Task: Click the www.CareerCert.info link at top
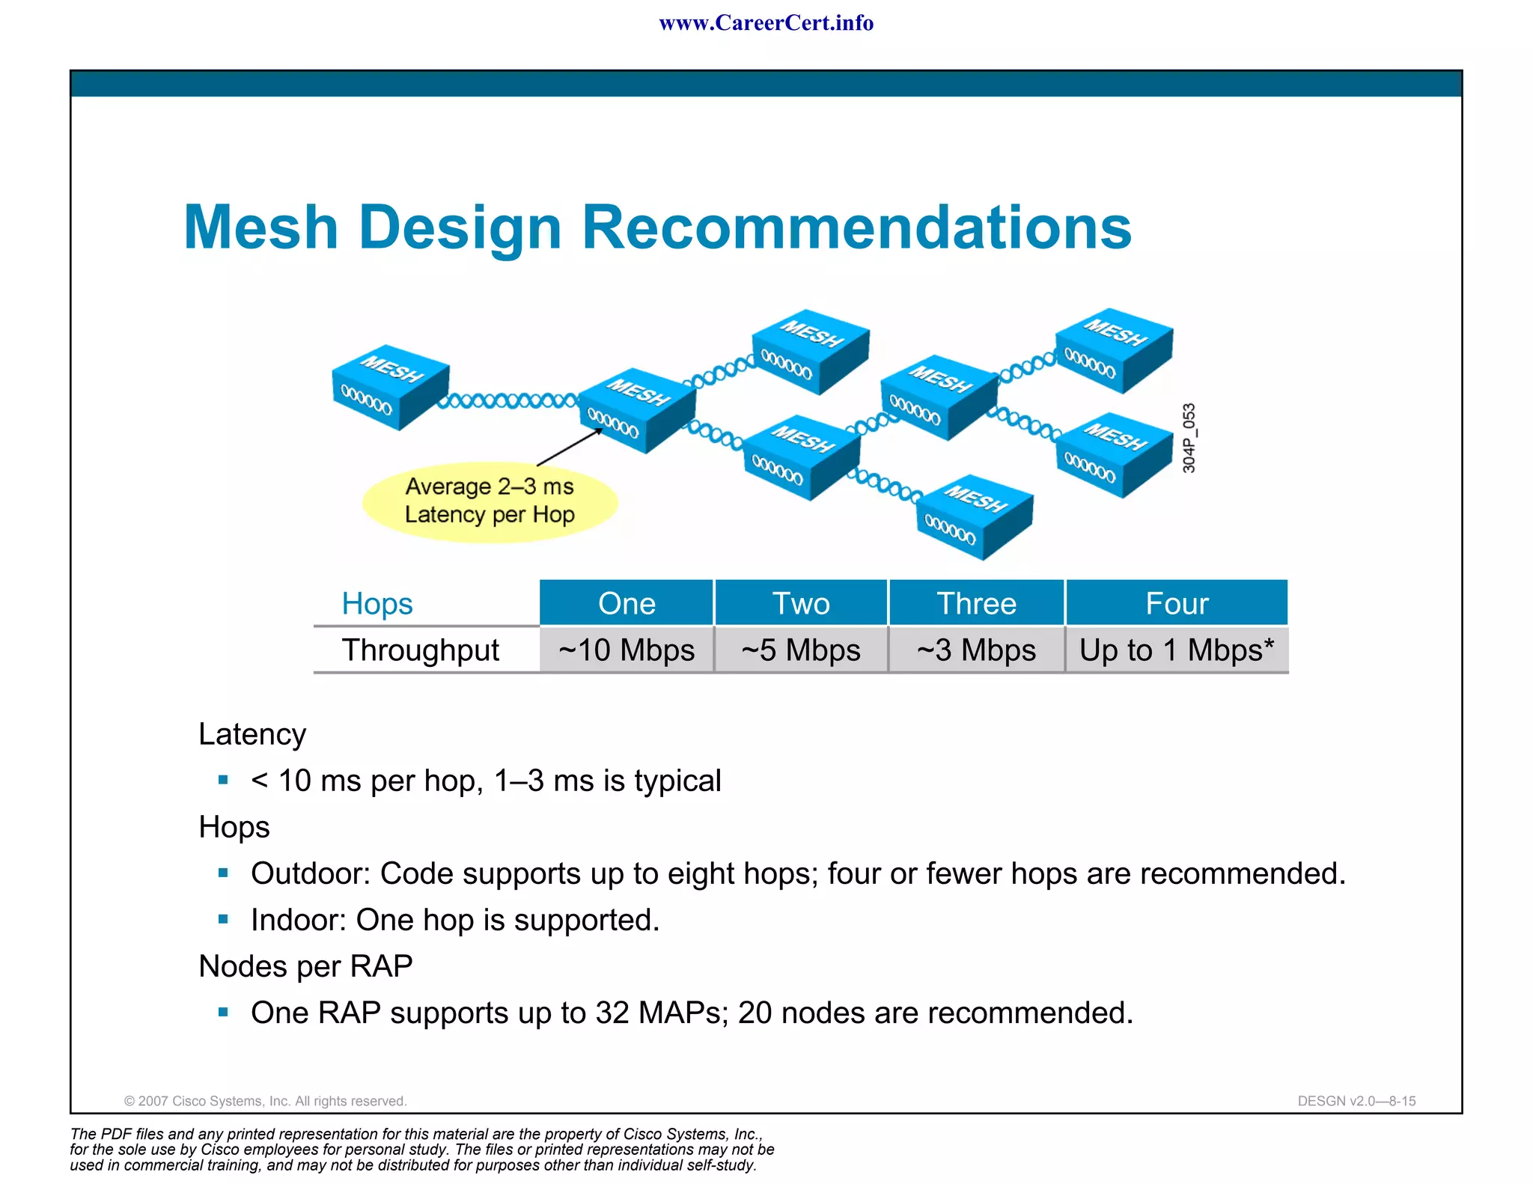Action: click(766, 23)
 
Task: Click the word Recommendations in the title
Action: click(856, 228)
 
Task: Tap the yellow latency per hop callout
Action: click(490, 501)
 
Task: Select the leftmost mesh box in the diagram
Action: click(389, 388)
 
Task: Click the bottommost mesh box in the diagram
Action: click(974, 517)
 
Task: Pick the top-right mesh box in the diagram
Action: click(1113, 350)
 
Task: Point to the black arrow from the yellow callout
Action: click(569, 447)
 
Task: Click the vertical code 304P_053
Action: click(1189, 438)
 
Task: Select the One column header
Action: click(627, 603)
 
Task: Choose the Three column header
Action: click(976, 603)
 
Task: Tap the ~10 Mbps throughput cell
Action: click(627, 650)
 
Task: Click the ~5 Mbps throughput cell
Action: click(801, 650)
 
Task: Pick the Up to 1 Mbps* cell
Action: click(1176, 650)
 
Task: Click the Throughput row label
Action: click(420, 650)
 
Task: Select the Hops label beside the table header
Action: click(377, 603)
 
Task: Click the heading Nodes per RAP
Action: click(305, 966)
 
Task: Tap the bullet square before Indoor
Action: click(223, 919)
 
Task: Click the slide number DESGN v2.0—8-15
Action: click(1356, 1101)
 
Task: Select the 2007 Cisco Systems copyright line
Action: click(265, 1101)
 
